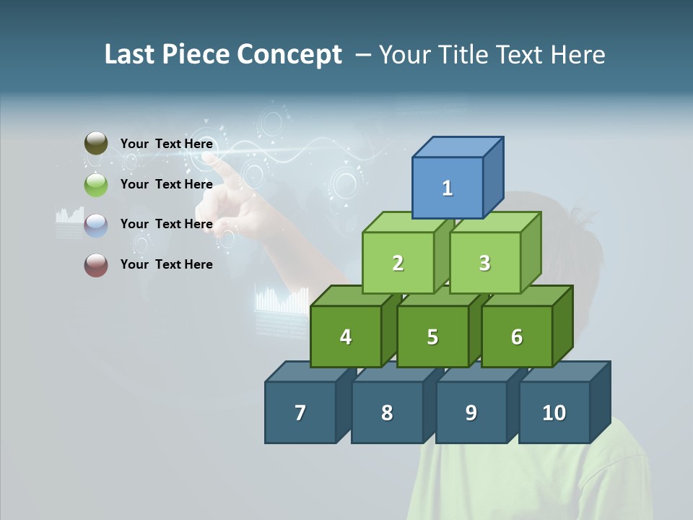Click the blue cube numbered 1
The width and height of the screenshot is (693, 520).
(448, 188)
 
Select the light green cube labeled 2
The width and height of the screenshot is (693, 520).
(398, 263)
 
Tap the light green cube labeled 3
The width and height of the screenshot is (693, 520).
(484, 263)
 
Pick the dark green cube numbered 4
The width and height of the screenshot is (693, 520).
(346, 337)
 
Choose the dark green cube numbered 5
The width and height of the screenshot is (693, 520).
(432, 337)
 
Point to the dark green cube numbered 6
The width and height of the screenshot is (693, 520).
(517, 337)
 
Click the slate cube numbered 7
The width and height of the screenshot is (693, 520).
(300, 412)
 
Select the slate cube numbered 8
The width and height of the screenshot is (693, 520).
(387, 412)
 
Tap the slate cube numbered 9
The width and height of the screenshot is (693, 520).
(471, 412)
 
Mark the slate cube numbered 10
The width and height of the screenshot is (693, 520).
(554, 412)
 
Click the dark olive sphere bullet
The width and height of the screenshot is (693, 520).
(96, 144)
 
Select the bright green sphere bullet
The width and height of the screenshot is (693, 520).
(96, 185)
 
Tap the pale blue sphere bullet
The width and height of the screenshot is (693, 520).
(96, 225)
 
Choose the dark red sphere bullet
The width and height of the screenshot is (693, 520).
(96, 265)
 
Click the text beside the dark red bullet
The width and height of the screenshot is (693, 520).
(167, 264)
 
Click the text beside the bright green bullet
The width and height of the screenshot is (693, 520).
(167, 184)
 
